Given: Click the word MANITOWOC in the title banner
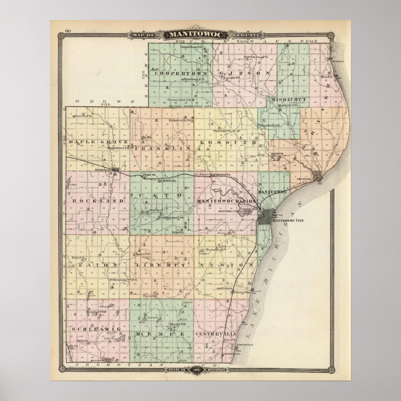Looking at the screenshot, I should (x=190, y=35).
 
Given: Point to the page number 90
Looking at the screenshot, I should (x=57, y=31).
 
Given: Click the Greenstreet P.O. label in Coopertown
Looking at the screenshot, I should (x=179, y=100).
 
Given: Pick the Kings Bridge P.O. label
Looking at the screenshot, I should (x=270, y=125).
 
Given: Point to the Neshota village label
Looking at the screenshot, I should (x=277, y=153).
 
